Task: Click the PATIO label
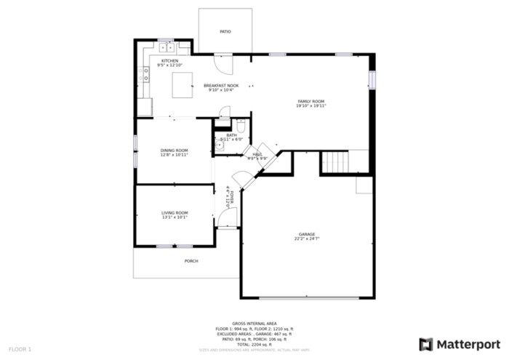tap(225, 32)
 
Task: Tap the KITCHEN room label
tap(169, 61)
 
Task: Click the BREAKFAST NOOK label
tap(220, 85)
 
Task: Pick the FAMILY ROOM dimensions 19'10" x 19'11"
tap(310, 106)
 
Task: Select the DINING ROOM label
tap(175, 151)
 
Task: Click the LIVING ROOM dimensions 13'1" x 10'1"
tap(175, 217)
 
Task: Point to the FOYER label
tap(228, 196)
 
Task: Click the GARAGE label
tap(306, 234)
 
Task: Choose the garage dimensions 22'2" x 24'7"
tap(306, 239)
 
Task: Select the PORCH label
tap(191, 260)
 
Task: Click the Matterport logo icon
tap(426, 343)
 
